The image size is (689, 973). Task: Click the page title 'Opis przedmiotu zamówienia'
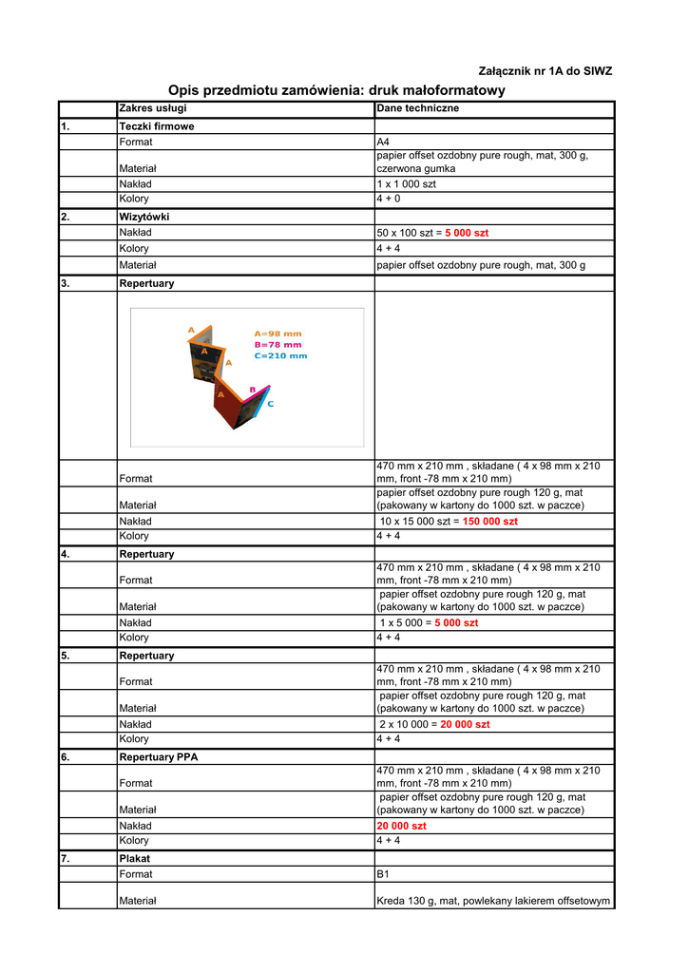[336, 90]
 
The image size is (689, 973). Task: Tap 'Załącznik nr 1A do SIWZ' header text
[545, 71]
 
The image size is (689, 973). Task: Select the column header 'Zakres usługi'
[153, 108]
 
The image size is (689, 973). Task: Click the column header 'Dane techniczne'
[418, 108]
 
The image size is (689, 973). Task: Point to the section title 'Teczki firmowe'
[157, 126]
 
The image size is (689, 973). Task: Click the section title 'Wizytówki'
[144, 217]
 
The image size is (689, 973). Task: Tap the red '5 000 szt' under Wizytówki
[467, 233]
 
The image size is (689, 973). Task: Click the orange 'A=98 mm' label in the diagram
[278, 334]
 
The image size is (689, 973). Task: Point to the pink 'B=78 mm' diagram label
[278, 345]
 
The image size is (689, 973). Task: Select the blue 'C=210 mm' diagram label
[280, 356]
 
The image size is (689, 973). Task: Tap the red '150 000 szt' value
[490, 522]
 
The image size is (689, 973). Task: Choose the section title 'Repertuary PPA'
[159, 757]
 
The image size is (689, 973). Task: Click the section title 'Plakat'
[135, 858]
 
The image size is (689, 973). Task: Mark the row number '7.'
[66, 858]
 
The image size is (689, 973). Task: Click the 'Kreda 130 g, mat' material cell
[492, 901]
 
